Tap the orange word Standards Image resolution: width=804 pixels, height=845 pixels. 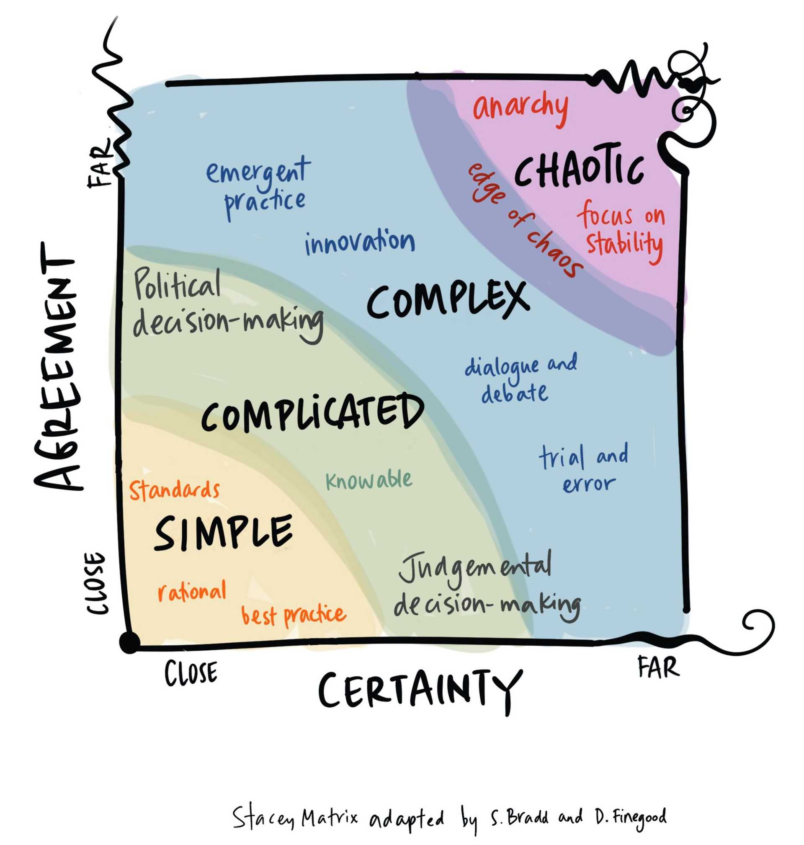point(175,491)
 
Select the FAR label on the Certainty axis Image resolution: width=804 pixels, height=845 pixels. point(658,667)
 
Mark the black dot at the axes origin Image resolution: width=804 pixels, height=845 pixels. point(129,643)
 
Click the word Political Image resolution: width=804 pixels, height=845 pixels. point(178,284)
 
